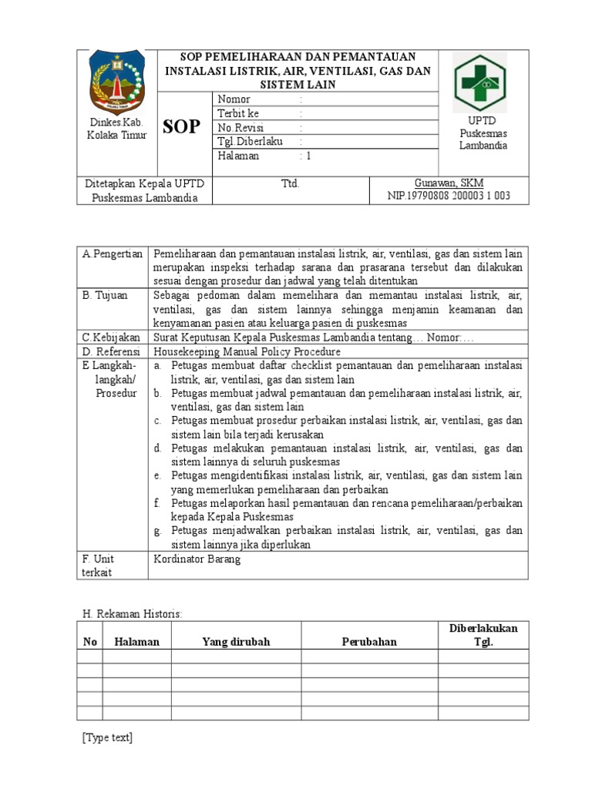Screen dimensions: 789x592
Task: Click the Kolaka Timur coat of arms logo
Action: (x=116, y=83)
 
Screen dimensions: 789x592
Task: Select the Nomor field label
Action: (x=234, y=99)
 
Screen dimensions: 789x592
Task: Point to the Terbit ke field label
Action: (x=238, y=113)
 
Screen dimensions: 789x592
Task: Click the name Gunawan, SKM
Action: (x=449, y=183)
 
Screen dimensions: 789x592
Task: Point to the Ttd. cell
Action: (x=290, y=184)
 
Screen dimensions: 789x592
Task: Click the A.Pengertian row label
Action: (x=113, y=253)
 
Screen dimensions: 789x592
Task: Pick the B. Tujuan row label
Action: (x=106, y=295)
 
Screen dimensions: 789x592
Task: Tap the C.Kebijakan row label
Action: (x=112, y=337)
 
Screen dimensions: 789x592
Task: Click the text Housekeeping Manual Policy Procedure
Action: (x=247, y=351)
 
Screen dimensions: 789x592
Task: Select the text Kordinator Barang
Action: (x=197, y=559)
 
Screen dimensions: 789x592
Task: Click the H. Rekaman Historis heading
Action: (x=132, y=613)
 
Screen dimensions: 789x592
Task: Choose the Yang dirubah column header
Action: (x=236, y=642)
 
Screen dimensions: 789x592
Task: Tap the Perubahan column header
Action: (x=369, y=642)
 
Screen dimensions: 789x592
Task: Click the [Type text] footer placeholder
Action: (x=107, y=738)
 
